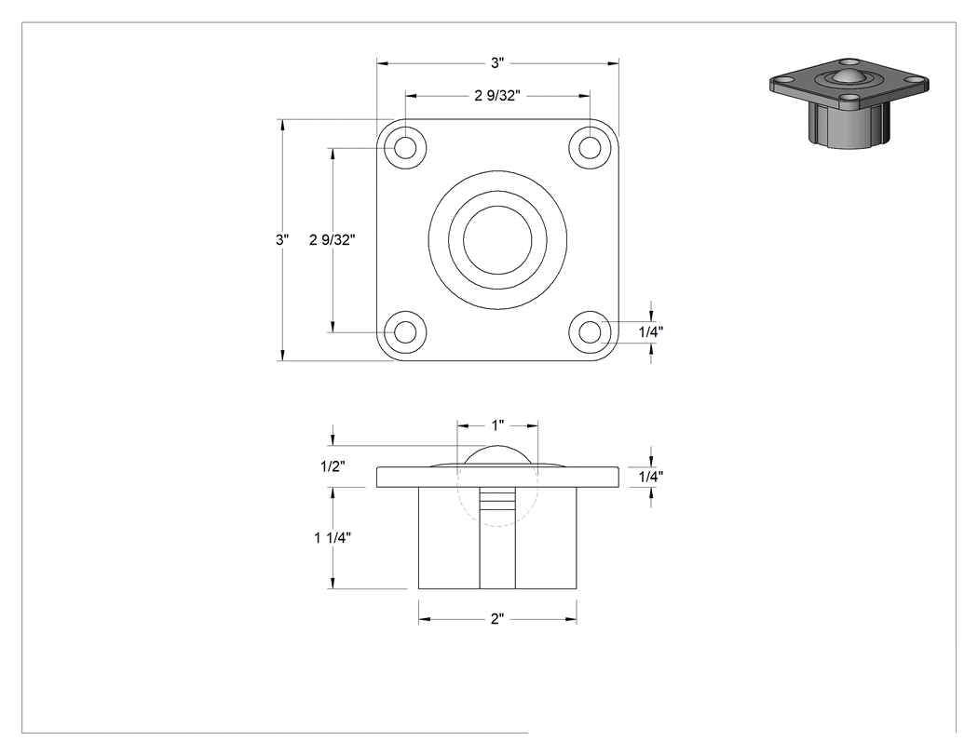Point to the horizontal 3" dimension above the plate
(x=497, y=63)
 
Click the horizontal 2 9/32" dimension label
(x=497, y=95)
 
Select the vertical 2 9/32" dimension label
(x=333, y=239)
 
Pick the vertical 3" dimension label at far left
(x=282, y=239)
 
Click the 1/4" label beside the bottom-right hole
(x=651, y=331)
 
